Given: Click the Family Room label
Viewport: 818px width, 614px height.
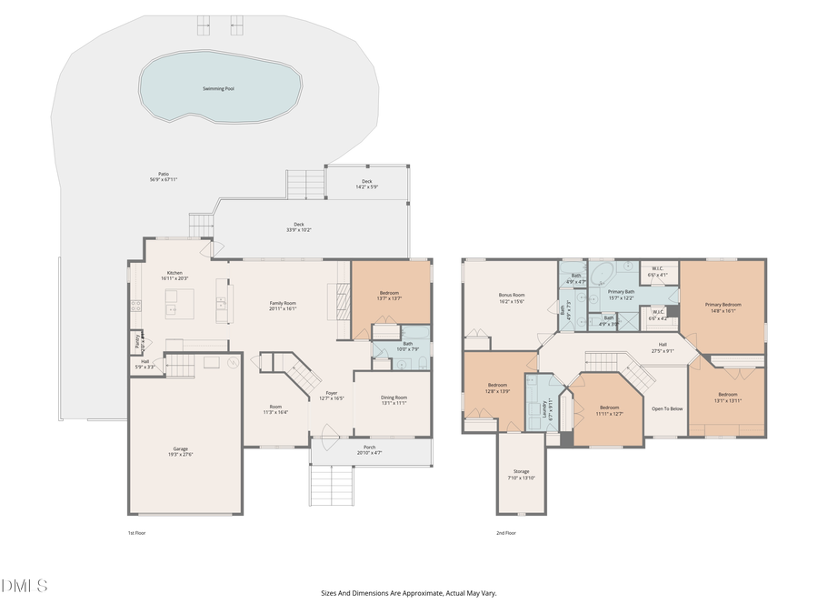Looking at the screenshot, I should (283, 306).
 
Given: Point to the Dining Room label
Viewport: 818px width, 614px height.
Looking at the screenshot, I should (394, 399).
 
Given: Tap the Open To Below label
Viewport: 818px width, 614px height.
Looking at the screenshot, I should (666, 408).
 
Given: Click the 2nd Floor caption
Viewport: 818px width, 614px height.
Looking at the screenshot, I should (505, 533).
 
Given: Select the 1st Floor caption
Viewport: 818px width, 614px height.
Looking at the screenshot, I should (136, 533).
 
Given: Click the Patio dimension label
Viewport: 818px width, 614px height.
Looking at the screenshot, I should (164, 179).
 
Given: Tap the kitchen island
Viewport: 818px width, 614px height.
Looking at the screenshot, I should (179, 303).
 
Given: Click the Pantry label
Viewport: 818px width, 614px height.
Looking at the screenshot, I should (138, 342).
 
